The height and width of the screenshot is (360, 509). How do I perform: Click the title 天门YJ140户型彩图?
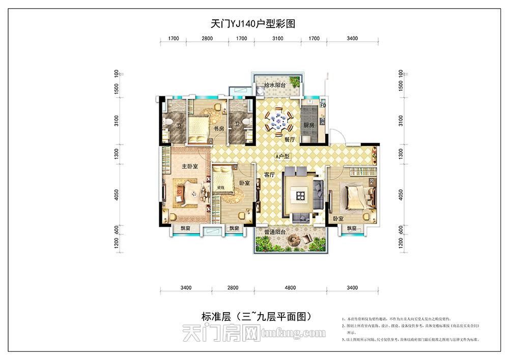pos(253,23)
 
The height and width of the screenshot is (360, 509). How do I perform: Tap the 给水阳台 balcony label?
pos(274,85)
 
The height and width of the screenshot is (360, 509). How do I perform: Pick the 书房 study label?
pos(219,128)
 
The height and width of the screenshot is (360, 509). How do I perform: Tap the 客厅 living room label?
pos(270,174)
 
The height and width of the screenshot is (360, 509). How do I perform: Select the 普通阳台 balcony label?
pos(274,232)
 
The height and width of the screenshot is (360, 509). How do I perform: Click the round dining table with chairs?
pos(278,122)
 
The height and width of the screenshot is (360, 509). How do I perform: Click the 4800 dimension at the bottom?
pos(290,288)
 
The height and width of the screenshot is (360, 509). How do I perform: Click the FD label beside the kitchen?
pos(323,106)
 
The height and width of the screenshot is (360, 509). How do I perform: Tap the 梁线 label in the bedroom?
pos(221,187)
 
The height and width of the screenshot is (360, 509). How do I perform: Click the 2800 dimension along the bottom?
pos(233,288)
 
